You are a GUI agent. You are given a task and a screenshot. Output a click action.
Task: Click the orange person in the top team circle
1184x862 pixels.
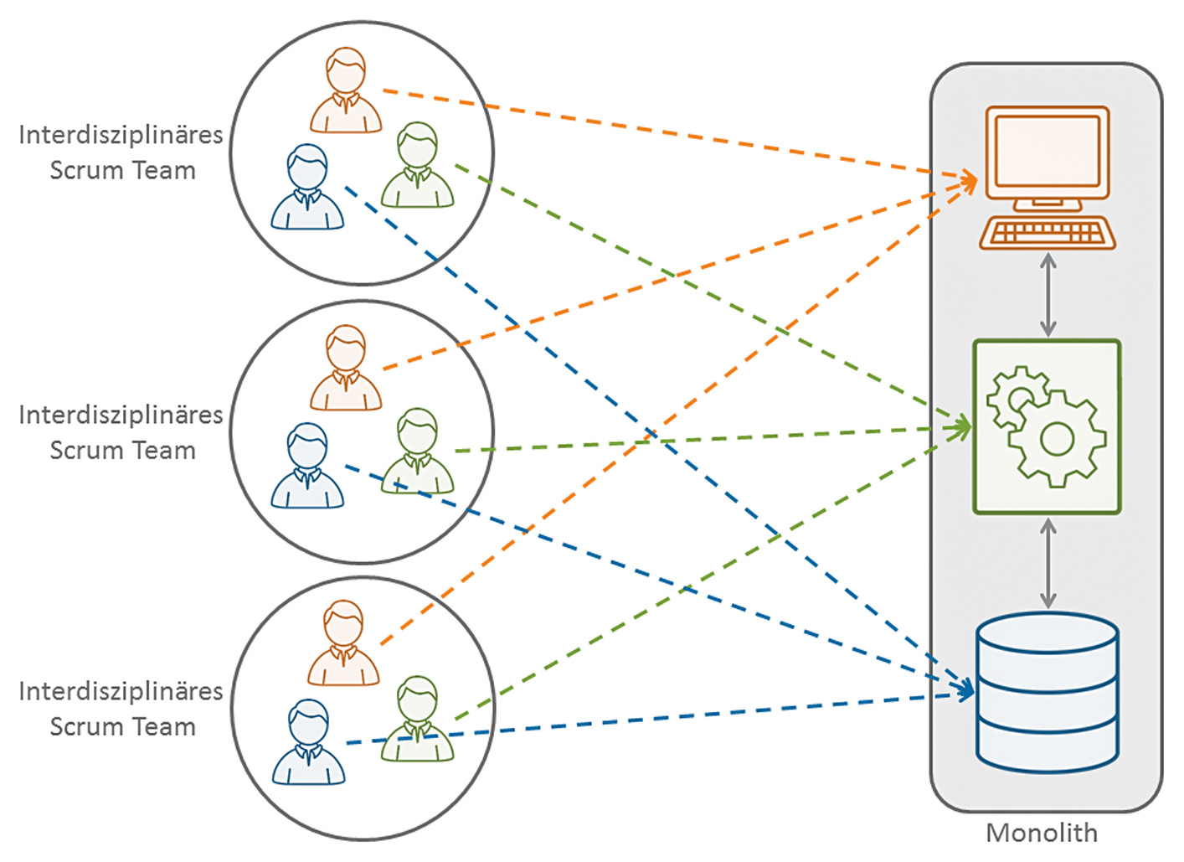click(346, 92)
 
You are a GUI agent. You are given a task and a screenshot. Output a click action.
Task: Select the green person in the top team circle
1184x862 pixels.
click(417, 166)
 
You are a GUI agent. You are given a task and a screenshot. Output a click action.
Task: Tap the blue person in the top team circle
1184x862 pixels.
click(307, 188)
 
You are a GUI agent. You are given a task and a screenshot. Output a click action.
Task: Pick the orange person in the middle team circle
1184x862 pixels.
click(346, 369)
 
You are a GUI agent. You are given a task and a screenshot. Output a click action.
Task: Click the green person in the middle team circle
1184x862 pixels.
click(417, 452)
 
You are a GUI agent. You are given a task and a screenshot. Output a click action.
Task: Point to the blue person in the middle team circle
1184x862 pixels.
click(307, 467)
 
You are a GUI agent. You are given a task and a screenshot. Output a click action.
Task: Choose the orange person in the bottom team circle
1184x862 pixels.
click(344, 644)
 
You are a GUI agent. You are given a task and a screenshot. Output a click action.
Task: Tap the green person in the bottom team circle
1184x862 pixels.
click(417, 720)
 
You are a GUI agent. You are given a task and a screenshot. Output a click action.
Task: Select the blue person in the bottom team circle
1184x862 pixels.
click(308, 743)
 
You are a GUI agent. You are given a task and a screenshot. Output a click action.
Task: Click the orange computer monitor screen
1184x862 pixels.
click(1047, 151)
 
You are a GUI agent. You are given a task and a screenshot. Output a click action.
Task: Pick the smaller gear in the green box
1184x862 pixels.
click(1017, 396)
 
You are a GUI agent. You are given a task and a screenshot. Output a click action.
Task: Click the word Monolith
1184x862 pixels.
click(1041, 833)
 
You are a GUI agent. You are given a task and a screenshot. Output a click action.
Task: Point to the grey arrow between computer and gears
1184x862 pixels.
click(1048, 295)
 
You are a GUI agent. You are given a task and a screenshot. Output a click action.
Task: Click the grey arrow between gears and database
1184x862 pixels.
click(1048, 564)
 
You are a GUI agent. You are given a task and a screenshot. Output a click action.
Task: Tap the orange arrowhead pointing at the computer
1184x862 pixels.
click(970, 181)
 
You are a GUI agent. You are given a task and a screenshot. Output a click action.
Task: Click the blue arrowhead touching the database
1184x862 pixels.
click(967, 690)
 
